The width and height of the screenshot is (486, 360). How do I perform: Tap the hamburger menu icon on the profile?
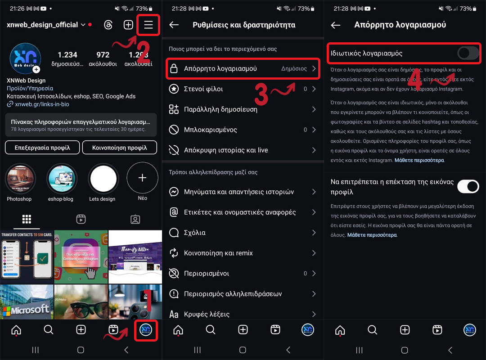coord(148,25)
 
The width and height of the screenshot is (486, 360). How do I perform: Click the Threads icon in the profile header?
coord(108,25)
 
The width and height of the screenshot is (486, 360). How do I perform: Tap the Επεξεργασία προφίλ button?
coord(43,148)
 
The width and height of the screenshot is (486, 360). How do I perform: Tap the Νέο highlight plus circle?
coord(142,178)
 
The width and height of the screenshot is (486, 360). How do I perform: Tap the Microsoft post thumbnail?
coord(27,301)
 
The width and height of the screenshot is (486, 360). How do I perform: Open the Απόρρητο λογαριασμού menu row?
coord(243,69)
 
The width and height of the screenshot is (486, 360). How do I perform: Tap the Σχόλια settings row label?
coord(194,233)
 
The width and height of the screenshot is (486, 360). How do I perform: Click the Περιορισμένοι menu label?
coord(206,273)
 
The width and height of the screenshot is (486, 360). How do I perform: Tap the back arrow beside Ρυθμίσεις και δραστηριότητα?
coord(174,25)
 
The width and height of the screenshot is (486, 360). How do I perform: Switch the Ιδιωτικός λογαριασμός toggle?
coord(468,54)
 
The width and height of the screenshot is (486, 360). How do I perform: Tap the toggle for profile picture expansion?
coord(468,186)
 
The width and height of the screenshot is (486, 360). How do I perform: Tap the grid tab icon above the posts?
coord(27,219)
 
